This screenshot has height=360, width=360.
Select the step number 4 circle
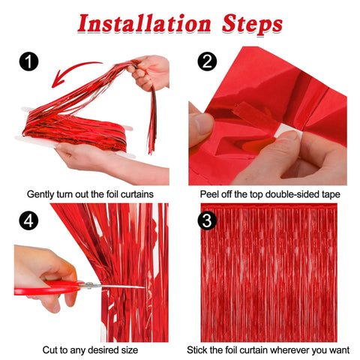coord(28,222)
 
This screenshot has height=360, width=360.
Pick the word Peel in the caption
coord(211,194)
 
